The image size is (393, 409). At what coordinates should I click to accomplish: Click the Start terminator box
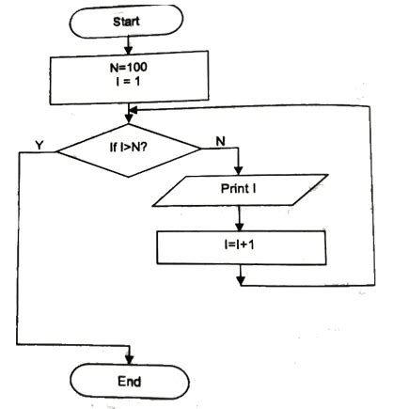pos(128,20)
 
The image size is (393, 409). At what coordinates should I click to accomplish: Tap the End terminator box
pos(128,381)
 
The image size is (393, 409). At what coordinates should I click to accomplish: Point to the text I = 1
pos(128,86)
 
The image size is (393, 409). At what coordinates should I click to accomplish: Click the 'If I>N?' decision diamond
pos(129,148)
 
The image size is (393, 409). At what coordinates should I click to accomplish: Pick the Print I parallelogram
pos(242,187)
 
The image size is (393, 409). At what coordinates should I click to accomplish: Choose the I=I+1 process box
pos(242,246)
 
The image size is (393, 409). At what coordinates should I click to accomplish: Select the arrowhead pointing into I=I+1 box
pos(242,227)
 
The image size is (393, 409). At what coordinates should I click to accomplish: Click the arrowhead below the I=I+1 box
pos(242,278)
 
